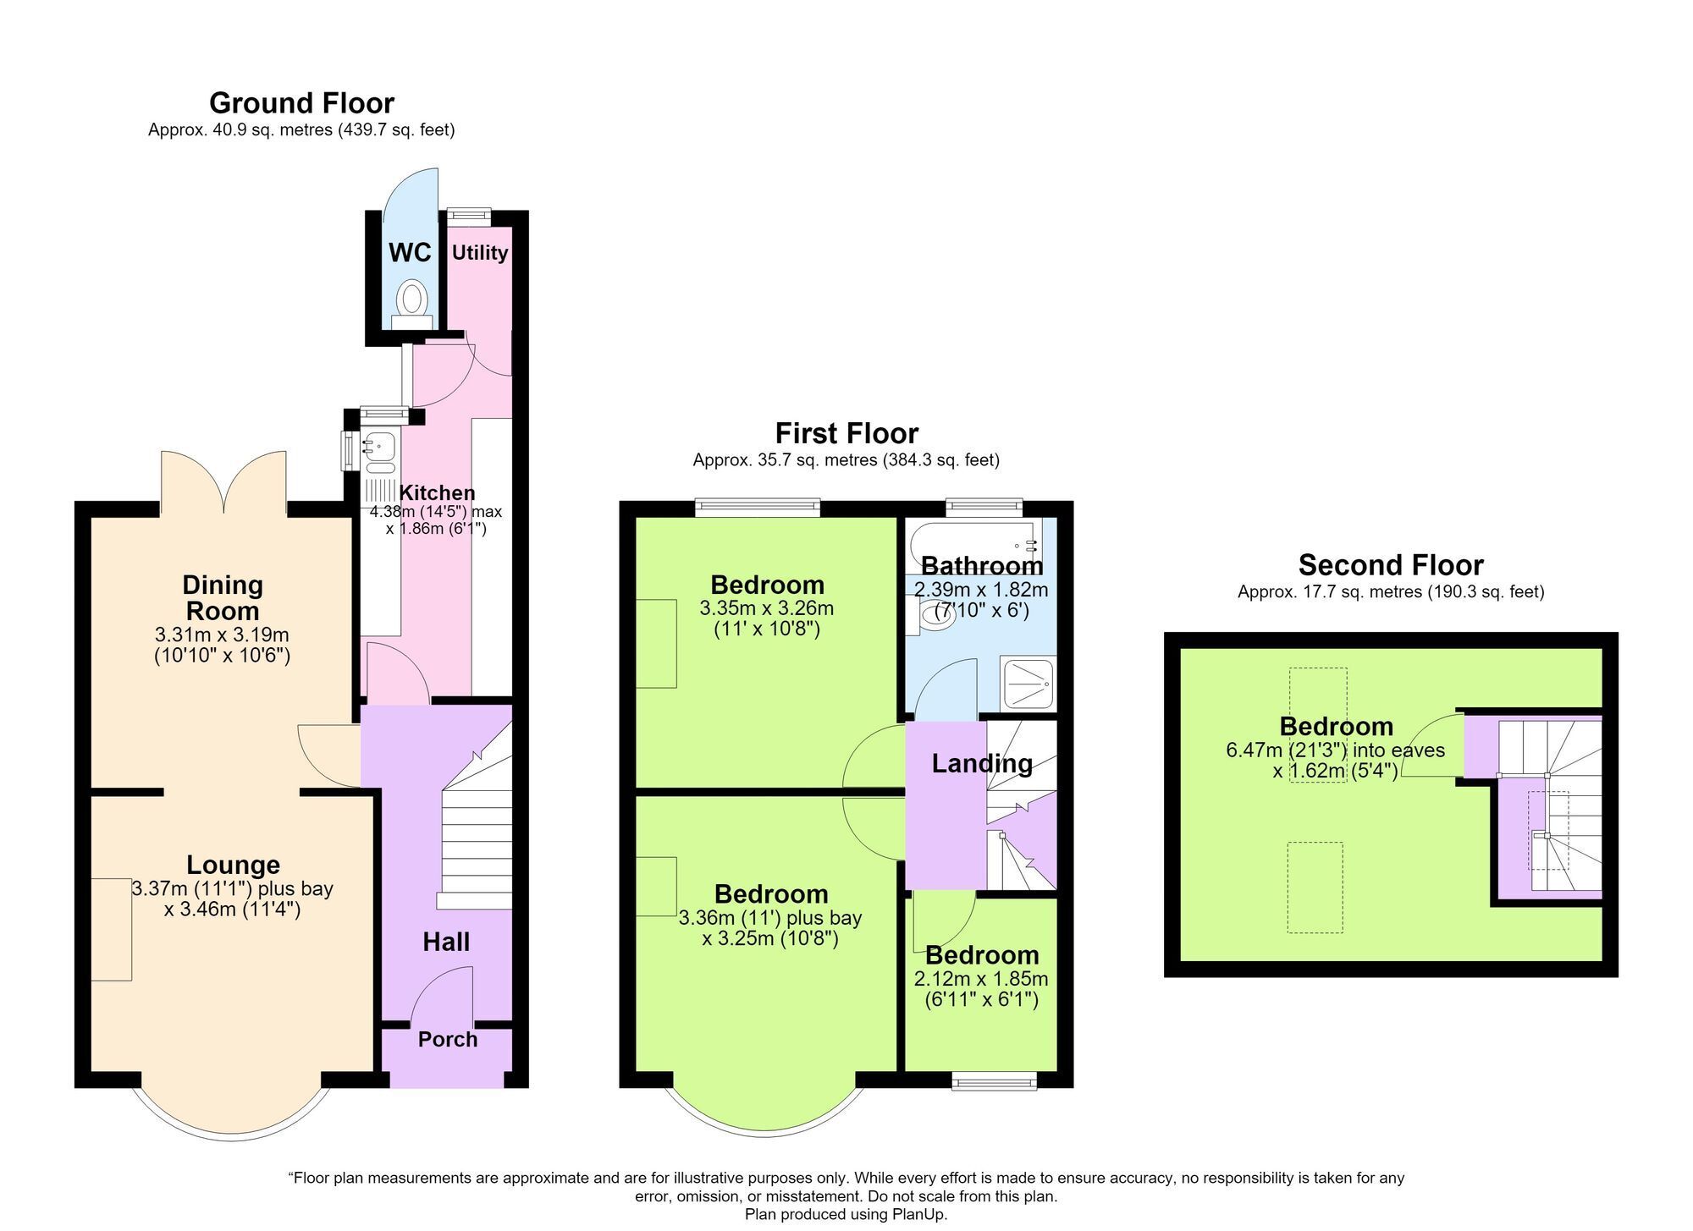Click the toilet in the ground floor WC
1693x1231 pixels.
[412, 304]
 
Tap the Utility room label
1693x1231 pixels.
[479, 252]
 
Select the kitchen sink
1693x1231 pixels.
[378, 453]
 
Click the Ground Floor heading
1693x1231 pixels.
[301, 103]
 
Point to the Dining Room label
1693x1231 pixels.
[223, 597]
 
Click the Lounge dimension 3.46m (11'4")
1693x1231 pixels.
[233, 910]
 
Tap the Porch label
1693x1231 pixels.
[448, 1040]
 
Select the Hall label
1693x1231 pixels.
[446, 942]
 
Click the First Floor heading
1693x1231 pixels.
[846, 433]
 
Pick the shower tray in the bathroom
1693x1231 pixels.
[1028, 682]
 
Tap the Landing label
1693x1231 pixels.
[982, 764]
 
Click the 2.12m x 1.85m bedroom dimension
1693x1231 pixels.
[981, 980]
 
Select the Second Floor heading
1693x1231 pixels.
[1391, 565]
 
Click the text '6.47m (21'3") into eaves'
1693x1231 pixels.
[1335, 750]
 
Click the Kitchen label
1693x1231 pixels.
[437, 493]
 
